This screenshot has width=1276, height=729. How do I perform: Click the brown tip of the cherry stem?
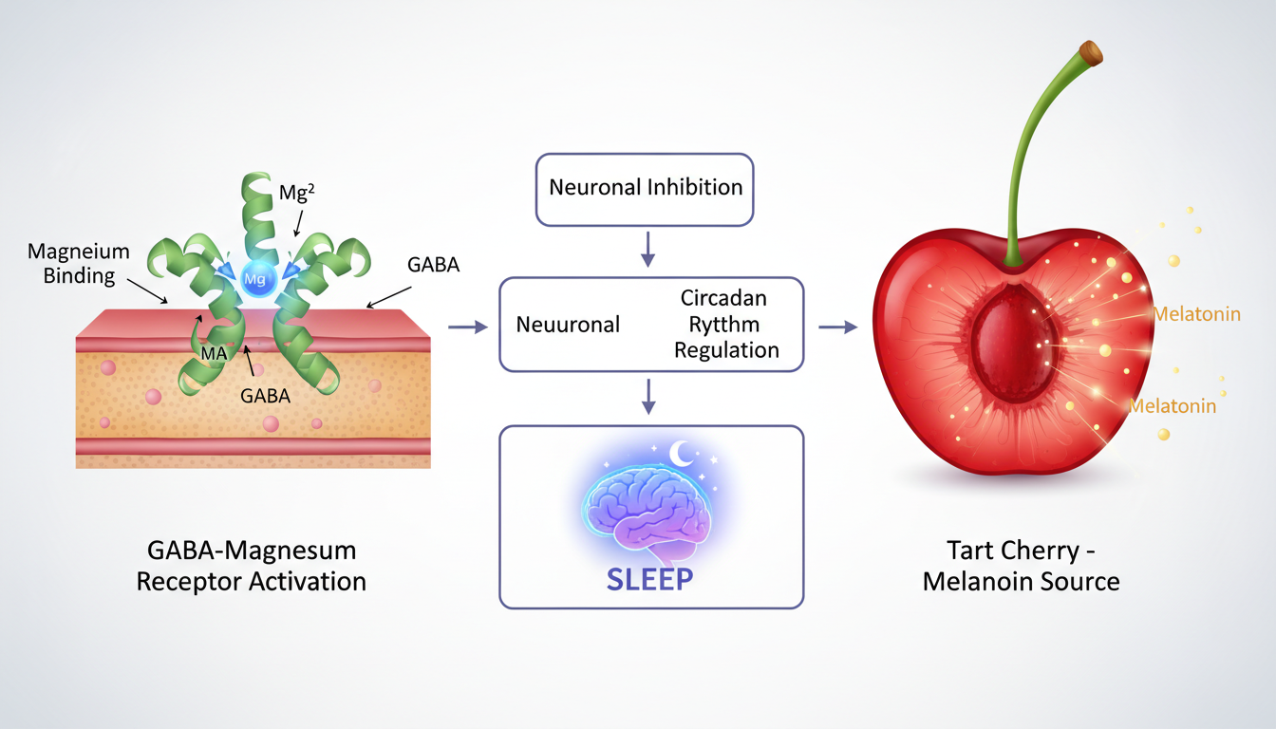pyautogui.click(x=1093, y=53)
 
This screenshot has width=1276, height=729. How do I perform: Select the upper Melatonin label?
pyautogui.click(x=1197, y=314)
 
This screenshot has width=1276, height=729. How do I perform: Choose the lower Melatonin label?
pyautogui.click(x=1173, y=406)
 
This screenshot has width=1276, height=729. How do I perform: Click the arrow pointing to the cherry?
pyautogui.click(x=836, y=327)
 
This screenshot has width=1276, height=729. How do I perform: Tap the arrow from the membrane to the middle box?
pyautogui.click(x=466, y=327)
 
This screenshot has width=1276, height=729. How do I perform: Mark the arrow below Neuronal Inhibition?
pyautogui.click(x=648, y=249)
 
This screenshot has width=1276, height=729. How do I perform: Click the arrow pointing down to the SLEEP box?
pyautogui.click(x=648, y=396)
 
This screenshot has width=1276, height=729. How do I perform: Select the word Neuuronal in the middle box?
pyautogui.click(x=568, y=325)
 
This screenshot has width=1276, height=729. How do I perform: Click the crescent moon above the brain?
pyautogui.click(x=684, y=455)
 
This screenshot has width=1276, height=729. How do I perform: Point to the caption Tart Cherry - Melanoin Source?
pyautogui.click(x=1022, y=566)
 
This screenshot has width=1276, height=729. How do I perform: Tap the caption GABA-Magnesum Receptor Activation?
pyautogui.click(x=252, y=566)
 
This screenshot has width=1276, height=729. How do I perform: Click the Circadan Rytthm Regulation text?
pyautogui.click(x=725, y=324)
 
